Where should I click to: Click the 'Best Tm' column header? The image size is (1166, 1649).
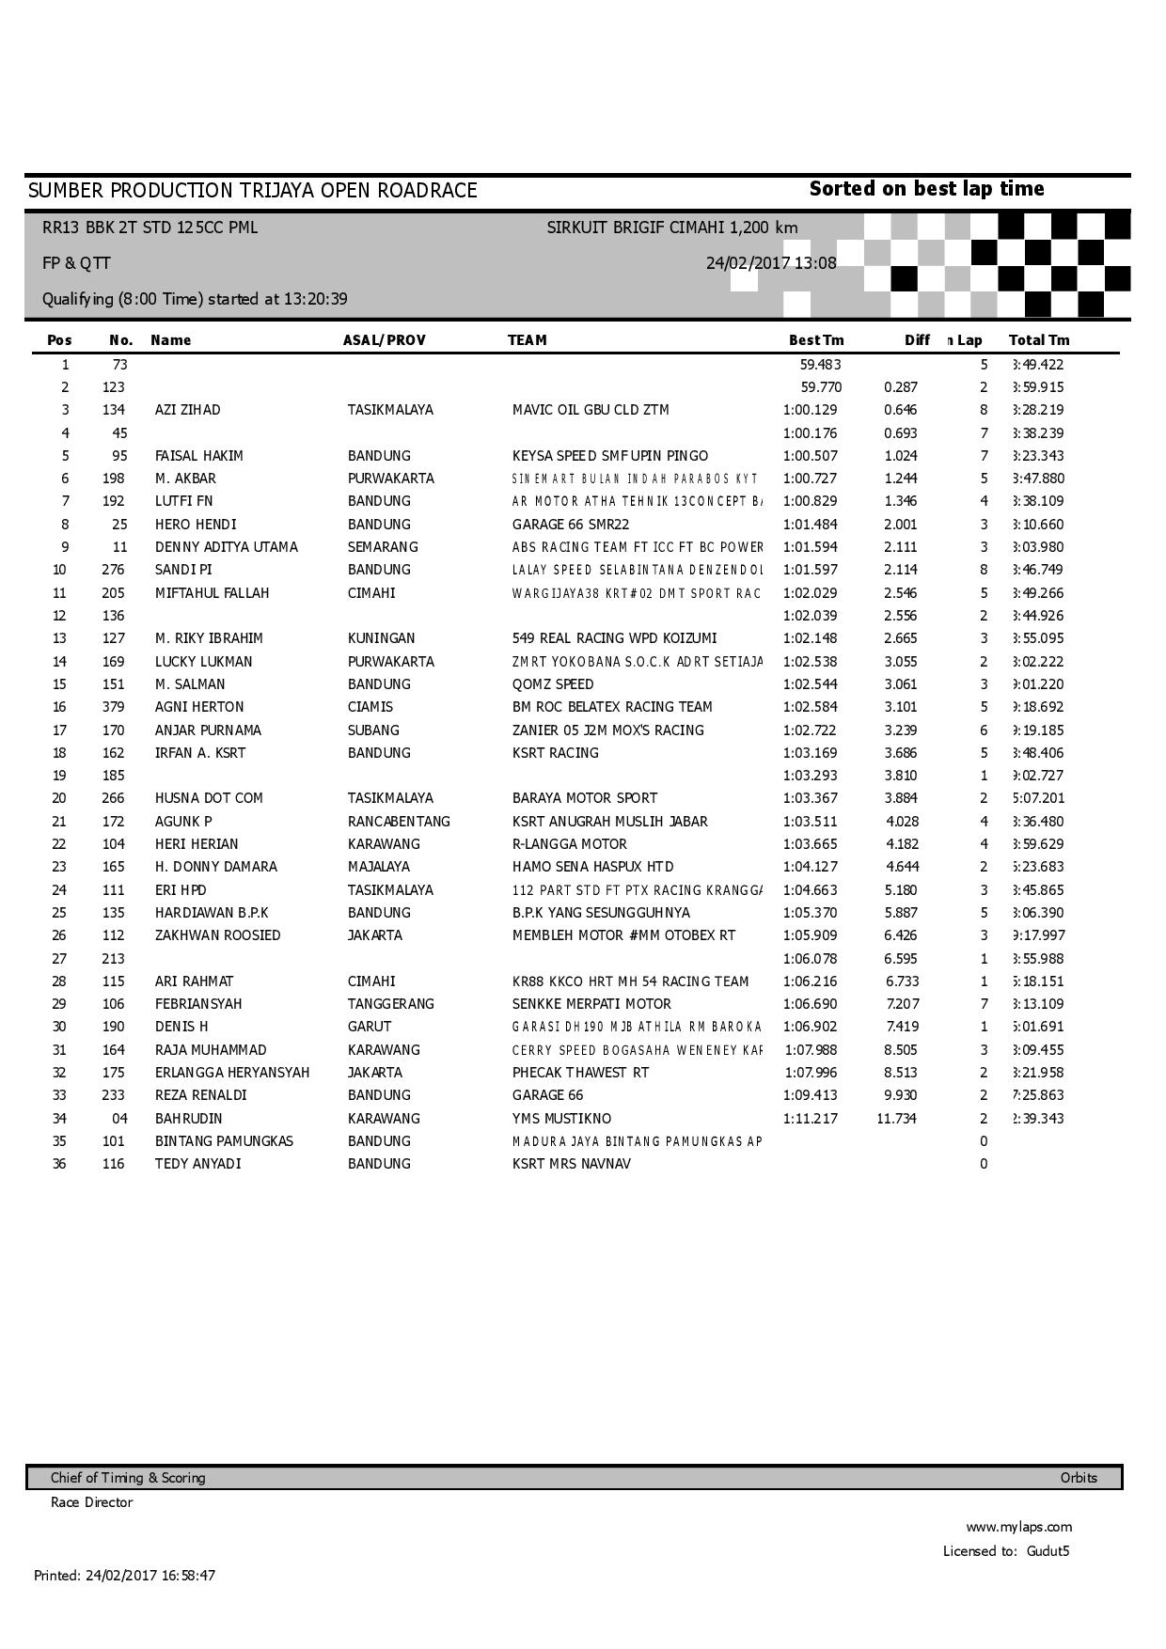click(x=815, y=340)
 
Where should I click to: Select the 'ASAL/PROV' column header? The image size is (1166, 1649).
click(x=384, y=340)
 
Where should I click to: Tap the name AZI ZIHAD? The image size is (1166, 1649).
click(x=187, y=410)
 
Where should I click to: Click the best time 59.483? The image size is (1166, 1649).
click(x=820, y=365)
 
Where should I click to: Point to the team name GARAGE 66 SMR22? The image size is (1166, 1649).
click(x=570, y=525)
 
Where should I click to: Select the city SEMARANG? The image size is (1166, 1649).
click(x=383, y=547)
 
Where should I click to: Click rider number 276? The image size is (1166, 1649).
click(x=113, y=570)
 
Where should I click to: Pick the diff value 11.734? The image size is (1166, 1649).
click(x=896, y=1119)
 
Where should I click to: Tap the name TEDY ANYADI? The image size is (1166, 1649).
click(x=197, y=1164)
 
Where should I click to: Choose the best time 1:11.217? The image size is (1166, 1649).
click(x=810, y=1119)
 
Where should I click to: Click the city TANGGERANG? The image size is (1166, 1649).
click(x=390, y=1004)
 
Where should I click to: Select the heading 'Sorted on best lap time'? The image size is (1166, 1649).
click(x=926, y=189)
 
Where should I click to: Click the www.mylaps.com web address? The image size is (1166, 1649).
click(x=1018, y=1527)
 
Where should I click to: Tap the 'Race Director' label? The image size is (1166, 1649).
click(x=91, y=1502)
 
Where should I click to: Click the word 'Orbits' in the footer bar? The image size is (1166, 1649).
click(x=1079, y=1478)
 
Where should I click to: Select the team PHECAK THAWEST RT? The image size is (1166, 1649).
click(x=580, y=1073)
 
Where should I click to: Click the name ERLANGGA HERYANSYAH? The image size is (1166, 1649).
click(x=231, y=1073)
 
